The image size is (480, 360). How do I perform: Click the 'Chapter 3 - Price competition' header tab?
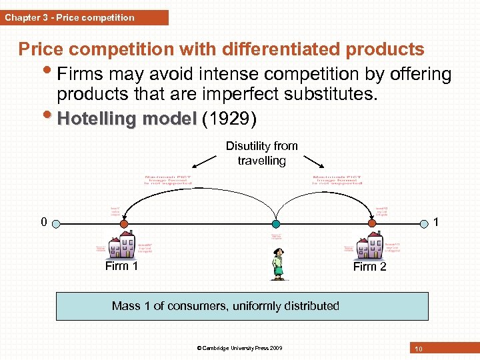(x=70, y=17)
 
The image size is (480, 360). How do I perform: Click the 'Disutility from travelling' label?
(x=261, y=153)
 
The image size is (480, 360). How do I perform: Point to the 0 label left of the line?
(x=43, y=223)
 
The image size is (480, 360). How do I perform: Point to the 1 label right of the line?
(x=436, y=223)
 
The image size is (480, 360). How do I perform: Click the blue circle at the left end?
(x=57, y=224)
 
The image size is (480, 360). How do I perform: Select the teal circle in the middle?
(x=276, y=224)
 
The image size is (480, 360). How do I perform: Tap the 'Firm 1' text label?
(x=121, y=266)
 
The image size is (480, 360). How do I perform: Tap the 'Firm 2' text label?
(x=369, y=267)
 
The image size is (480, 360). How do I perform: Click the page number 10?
(x=419, y=349)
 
